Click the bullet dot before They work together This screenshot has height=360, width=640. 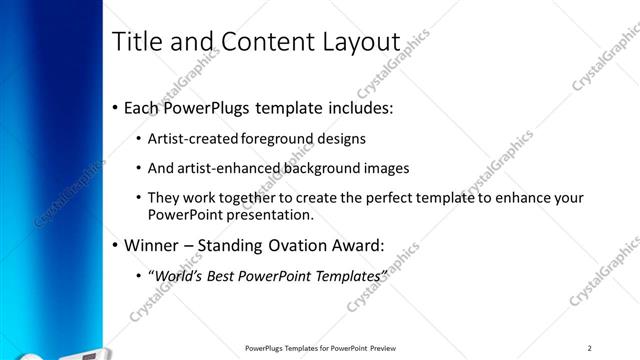pyautogui.click(x=138, y=198)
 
